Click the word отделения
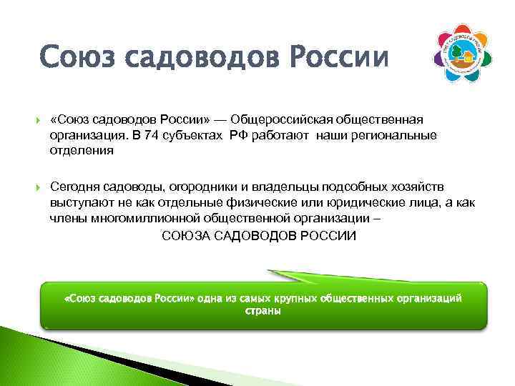coord(82,152)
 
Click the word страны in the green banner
coord(263,311)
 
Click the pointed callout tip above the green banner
coord(270,272)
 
